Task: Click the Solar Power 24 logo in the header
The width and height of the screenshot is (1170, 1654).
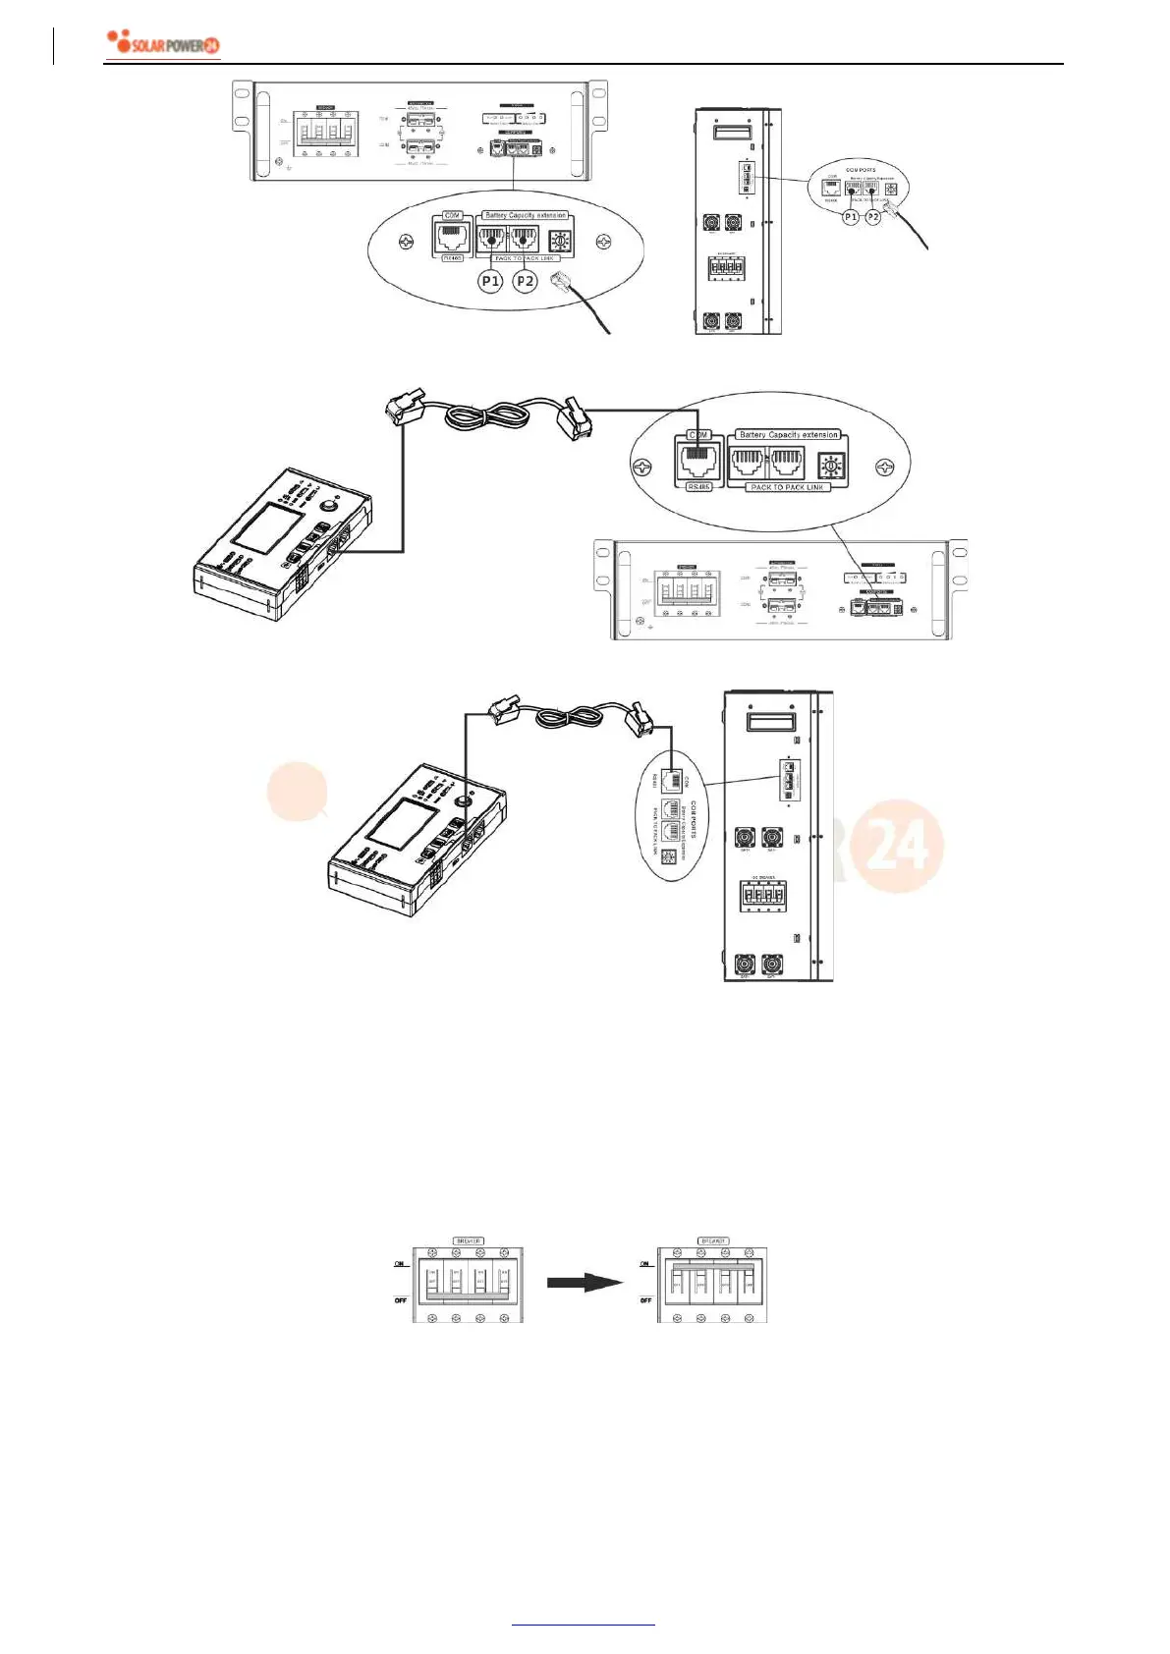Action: (163, 44)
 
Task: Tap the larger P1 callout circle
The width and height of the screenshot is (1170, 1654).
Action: (490, 281)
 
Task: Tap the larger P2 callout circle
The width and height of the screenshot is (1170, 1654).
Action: (526, 281)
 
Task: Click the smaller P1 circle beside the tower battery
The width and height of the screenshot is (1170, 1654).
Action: (851, 216)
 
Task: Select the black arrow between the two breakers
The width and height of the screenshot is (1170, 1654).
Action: (585, 1282)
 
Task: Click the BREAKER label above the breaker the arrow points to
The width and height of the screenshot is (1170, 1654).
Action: (712, 1240)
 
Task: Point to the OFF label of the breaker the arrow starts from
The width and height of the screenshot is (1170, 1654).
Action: (400, 1300)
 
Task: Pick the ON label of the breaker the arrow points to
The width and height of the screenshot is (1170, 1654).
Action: (644, 1264)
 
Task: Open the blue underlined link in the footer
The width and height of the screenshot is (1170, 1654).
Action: (584, 1625)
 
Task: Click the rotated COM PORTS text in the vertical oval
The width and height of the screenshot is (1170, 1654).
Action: (694, 819)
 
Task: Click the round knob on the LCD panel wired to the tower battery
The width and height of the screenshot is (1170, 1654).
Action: (458, 799)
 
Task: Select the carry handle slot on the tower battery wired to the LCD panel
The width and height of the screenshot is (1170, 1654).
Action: (771, 722)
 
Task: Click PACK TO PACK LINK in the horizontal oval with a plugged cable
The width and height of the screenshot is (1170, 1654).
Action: (788, 487)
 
